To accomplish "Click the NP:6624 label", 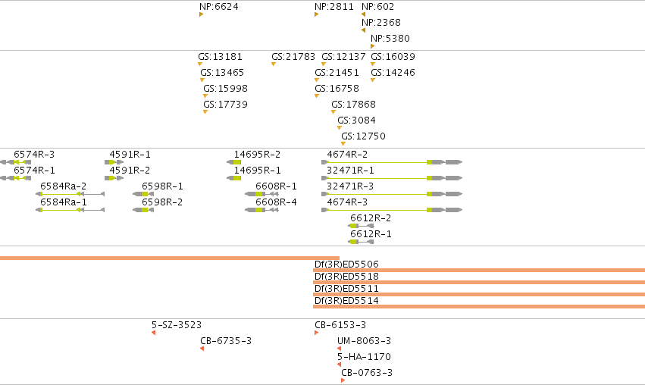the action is tap(219, 7).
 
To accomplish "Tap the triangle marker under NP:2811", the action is tap(316, 14).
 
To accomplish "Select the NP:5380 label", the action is tap(390, 39).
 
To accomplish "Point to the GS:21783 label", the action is tap(293, 56).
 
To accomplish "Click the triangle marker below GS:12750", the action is tap(343, 143).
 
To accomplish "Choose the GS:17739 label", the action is tap(225, 105).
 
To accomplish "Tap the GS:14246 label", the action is tap(393, 73).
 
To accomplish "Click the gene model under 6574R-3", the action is tap(15, 162).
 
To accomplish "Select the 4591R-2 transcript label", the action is tap(130, 171).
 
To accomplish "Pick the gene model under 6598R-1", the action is tap(143, 194).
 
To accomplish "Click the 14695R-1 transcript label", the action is tap(258, 171).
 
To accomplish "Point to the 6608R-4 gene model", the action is tap(261, 210).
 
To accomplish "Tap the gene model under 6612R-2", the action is tap(361, 226).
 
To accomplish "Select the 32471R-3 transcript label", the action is tap(350, 186).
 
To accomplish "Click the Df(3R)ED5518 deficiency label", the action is tap(346, 277).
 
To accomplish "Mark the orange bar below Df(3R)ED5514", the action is tap(479, 306).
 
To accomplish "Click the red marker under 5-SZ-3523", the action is tap(153, 333).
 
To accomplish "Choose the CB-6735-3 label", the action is tap(226, 341).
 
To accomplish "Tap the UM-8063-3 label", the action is tap(364, 341).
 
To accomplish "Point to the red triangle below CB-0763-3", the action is tap(343, 380).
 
